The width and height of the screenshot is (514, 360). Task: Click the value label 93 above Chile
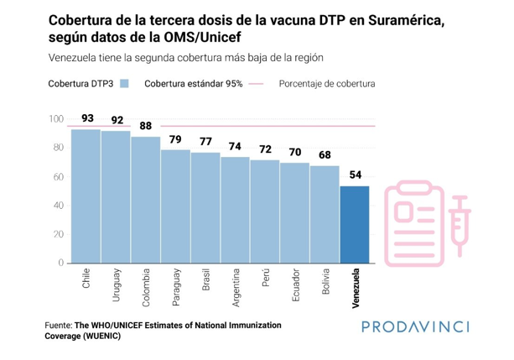pos(86,118)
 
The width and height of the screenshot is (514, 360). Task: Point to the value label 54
pos(355,175)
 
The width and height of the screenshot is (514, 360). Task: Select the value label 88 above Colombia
pos(146,126)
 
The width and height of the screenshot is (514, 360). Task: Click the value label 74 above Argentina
pos(236,146)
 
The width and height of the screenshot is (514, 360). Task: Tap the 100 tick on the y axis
pos(55,120)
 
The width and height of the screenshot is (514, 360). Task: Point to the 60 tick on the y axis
pos(58,177)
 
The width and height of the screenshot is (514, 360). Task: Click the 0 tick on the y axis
pos(60,263)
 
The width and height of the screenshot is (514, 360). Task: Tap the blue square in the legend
pos(125,84)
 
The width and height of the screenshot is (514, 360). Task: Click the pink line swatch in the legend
pos(256,84)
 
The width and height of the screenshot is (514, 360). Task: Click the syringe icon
pos(455,219)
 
